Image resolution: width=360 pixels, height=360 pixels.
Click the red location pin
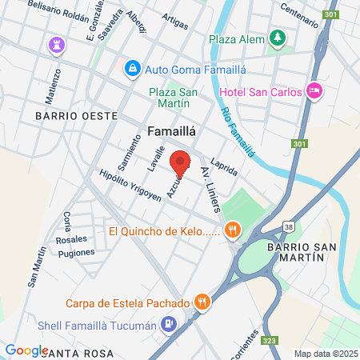coord(180,162)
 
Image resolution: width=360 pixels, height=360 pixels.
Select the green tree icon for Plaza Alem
coord(277,38)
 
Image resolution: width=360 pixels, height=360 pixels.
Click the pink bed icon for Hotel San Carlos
coord(314,91)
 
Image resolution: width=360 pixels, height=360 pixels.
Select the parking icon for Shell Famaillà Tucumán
coord(168,324)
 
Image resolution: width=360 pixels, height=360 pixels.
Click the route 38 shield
coord(288,227)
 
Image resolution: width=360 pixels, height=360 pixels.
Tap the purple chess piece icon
coord(56,42)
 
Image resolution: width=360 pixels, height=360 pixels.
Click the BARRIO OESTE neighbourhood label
coord(75,116)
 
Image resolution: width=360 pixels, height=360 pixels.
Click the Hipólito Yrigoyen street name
coord(127,186)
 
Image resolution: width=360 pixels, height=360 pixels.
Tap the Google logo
coord(26,350)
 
